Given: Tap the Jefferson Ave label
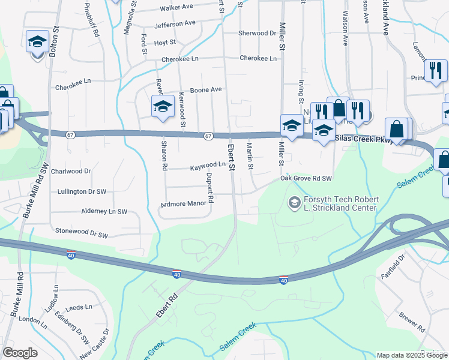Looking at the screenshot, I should tap(175, 24).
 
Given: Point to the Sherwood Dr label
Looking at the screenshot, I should tap(257, 33).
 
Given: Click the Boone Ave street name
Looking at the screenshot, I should tap(206, 89).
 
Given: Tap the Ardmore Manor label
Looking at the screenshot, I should tap(184, 204).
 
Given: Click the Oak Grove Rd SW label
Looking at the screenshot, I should tap(306, 179).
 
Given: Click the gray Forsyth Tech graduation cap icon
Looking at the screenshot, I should tap(294, 203).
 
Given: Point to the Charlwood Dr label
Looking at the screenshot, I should tap(71, 171).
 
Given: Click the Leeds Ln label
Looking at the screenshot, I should tap(79, 307).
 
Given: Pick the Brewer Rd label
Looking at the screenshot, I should tap(411, 322).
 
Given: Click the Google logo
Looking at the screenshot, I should tap(20, 353).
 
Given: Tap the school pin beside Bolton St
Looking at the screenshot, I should tap(38, 43).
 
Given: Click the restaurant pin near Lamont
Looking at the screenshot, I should tap(436, 70).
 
